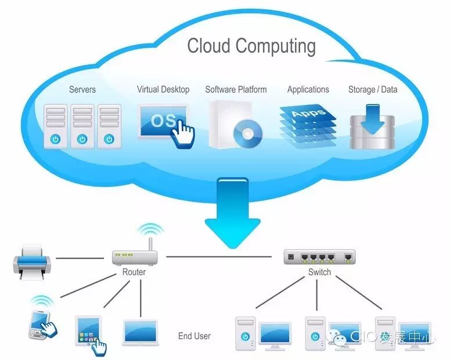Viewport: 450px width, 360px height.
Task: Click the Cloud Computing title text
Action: point(251,46)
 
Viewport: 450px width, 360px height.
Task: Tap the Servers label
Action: point(82,89)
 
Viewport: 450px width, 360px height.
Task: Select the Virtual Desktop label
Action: point(163,89)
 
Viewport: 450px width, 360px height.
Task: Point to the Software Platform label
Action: point(236,89)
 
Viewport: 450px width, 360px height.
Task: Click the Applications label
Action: point(308,89)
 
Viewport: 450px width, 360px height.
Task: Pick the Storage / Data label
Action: point(373,89)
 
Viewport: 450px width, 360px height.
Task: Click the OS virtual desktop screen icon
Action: point(163,121)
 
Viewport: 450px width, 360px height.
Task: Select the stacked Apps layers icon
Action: point(307,121)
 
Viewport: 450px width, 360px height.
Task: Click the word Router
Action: point(134,272)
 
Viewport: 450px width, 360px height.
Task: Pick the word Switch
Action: point(319,272)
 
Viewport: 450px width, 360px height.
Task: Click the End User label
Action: point(195,336)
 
